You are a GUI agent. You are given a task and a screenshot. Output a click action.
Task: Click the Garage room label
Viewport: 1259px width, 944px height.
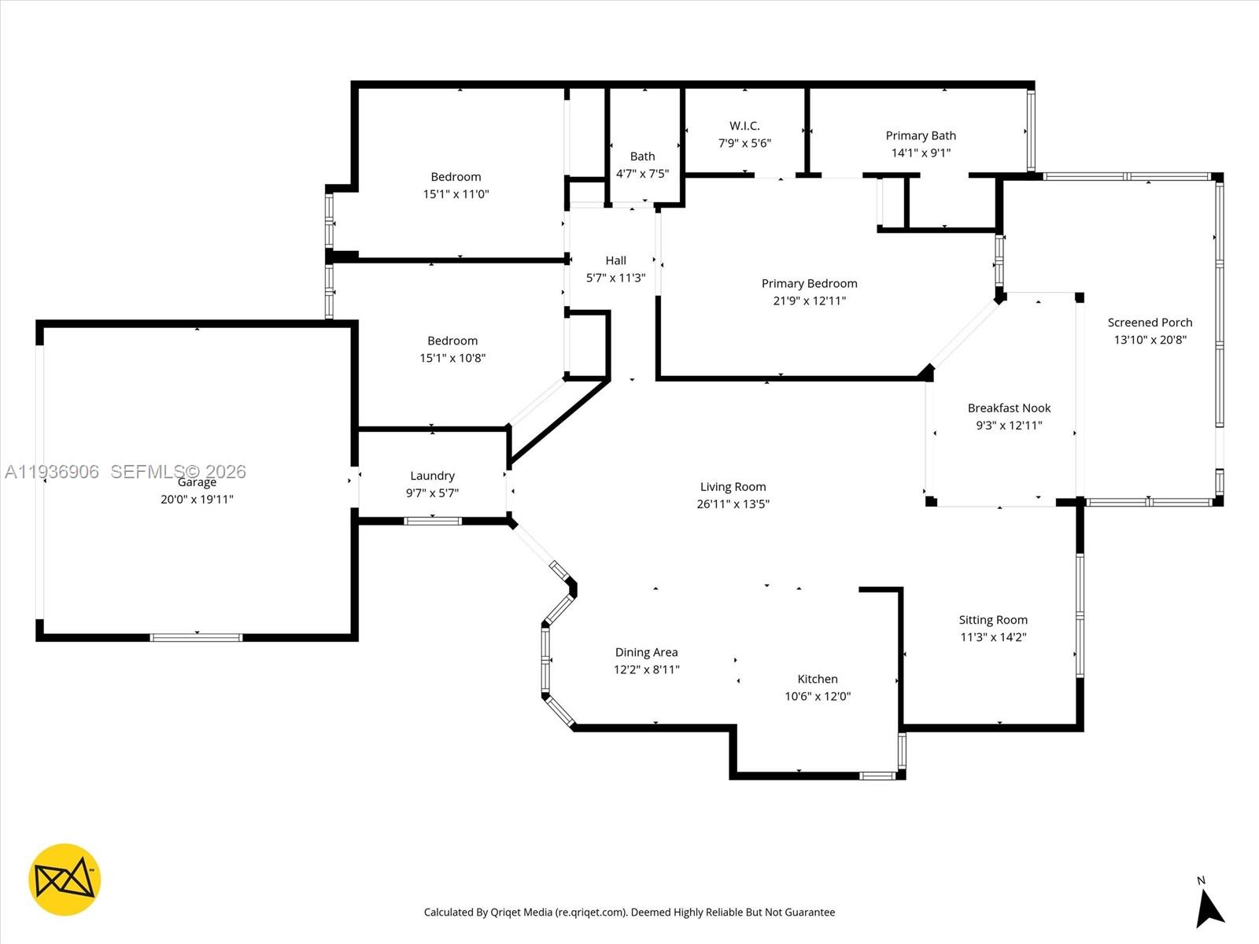point(197,482)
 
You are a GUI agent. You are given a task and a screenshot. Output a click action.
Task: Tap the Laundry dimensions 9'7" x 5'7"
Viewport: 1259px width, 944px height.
point(433,493)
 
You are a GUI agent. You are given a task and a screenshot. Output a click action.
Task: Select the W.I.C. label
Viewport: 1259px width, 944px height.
point(744,126)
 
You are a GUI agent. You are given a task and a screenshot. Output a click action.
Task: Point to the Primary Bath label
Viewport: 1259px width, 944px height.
point(921,135)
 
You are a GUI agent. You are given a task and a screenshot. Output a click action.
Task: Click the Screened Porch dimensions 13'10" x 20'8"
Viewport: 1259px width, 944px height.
point(1150,339)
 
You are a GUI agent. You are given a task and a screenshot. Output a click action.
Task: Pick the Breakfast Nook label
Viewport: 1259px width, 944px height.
point(1009,408)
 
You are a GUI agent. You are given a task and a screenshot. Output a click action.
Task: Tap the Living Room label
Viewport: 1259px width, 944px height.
point(733,487)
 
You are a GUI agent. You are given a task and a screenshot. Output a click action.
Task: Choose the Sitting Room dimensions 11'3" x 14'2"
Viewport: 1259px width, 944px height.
point(994,636)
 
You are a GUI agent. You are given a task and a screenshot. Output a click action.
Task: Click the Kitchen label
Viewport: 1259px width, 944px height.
point(818,679)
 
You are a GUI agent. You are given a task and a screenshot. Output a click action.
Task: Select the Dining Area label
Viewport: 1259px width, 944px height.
point(647,652)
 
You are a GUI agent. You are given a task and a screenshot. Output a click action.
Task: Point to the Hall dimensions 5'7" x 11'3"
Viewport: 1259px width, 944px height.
point(615,278)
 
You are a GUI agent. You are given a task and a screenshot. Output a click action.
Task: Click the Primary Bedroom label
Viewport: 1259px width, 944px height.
point(810,283)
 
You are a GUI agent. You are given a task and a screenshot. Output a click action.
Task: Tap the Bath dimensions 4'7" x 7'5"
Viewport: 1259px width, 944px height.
point(642,174)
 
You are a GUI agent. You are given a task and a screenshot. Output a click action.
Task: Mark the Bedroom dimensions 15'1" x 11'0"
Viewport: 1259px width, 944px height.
point(456,194)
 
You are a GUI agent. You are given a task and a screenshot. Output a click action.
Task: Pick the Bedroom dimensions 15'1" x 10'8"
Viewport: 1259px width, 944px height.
point(452,358)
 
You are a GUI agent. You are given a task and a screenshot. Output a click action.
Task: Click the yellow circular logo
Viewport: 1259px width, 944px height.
point(65,879)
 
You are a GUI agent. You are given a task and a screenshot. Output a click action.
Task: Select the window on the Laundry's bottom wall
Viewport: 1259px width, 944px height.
point(433,521)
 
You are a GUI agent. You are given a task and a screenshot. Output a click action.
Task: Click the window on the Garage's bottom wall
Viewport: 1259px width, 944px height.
point(196,637)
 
